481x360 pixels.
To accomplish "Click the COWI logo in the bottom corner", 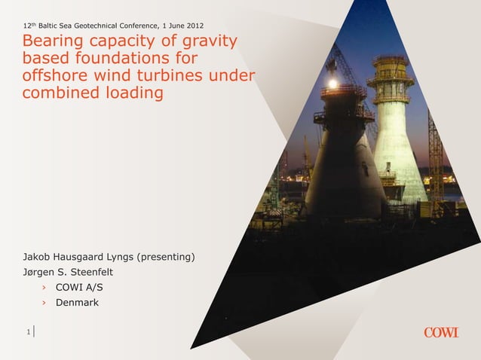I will (x=440, y=332).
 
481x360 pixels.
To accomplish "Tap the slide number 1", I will (x=27, y=332).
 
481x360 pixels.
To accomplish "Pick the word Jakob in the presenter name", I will (x=38, y=258).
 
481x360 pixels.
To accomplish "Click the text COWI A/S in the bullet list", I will (x=80, y=288).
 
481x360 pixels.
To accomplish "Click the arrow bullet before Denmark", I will (x=44, y=303).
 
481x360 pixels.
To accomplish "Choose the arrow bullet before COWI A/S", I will (x=44, y=288).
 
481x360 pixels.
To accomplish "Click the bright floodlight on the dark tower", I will (x=332, y=84).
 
